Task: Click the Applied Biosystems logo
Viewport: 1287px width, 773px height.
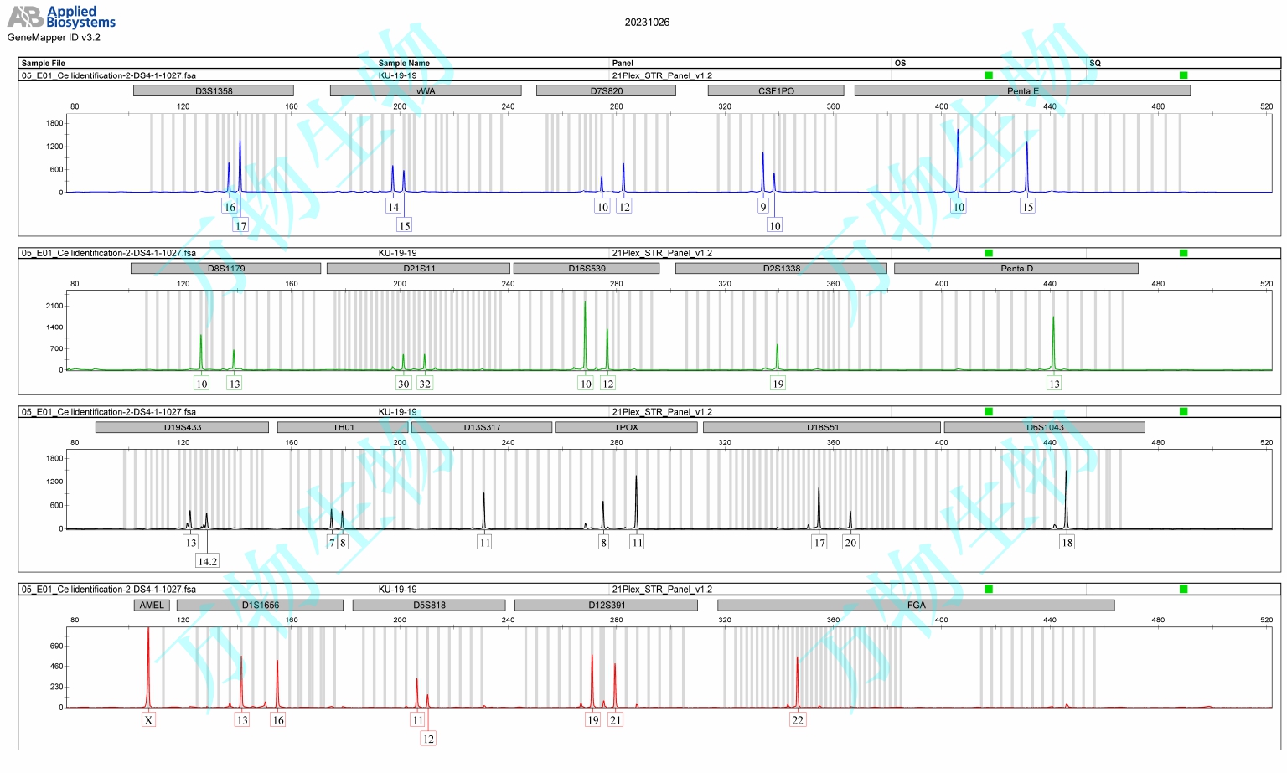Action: (61, 17)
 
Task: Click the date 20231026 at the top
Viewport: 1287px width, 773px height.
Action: (647, 23)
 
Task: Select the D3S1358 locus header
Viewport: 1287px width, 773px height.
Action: (214, 90)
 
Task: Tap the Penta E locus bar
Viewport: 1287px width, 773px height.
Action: (1022, 90)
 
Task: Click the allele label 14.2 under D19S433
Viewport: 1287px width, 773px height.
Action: (207, 561)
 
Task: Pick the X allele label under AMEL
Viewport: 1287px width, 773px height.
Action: (148, 720)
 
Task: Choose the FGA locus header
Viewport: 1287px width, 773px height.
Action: (916, 605)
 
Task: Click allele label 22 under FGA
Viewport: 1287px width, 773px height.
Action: (797, 720)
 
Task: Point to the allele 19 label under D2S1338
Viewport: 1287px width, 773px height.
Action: (778, 384)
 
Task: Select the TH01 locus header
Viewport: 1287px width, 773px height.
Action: (344, 427)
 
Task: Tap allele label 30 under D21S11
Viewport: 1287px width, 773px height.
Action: (403, 384)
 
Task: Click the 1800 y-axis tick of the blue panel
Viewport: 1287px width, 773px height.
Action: (54, 123)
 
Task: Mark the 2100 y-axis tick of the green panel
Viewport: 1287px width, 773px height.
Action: (54, 306)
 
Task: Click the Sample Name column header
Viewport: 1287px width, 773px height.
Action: (404, 63)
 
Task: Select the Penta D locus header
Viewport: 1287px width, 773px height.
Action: (1016, 268)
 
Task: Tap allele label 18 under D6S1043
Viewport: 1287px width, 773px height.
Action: (1067, 543)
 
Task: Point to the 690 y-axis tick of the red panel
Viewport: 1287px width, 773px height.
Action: (56, 646)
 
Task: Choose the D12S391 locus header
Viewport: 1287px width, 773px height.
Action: (606, 605)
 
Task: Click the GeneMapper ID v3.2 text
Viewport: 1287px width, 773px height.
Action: (54, 38)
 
